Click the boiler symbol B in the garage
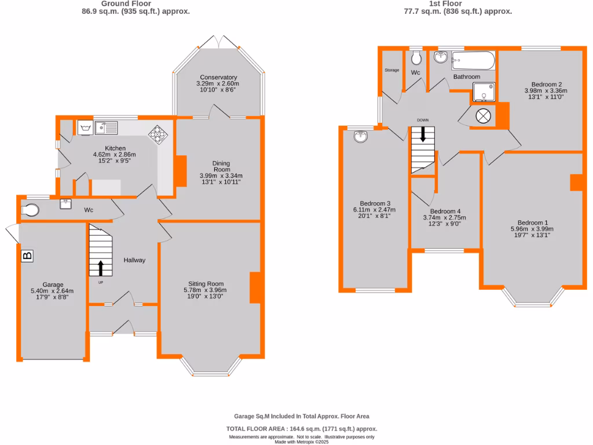(27, 256)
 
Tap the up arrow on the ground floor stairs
(101, 268)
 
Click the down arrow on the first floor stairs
(423, 135)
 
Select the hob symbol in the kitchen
(157, 134)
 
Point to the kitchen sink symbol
(107, 127)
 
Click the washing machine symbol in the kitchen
(85, 127)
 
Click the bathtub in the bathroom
(473, 60)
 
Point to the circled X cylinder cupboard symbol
(483, 116)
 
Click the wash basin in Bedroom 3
(361, 137)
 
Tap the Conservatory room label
(218, 77)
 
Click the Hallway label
(134, 260)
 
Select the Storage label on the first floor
(392, 70)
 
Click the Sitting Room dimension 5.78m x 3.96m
(205, 290)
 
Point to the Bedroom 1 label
(532, 222)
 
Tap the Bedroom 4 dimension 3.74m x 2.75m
(444, 217)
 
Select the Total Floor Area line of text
(301, 429)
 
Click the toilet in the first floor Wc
(417, 58)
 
